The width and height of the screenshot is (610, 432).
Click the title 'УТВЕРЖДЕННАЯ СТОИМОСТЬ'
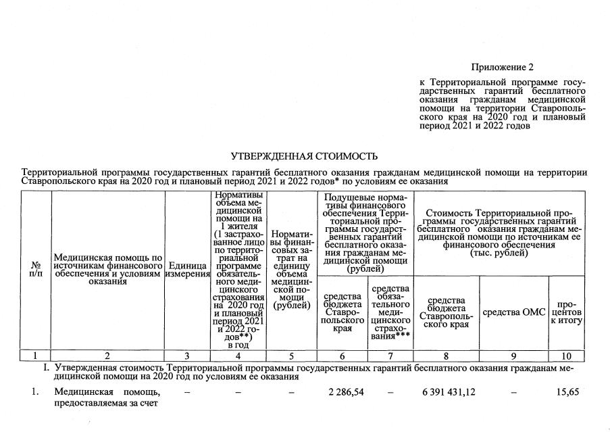click(x=304, y=157)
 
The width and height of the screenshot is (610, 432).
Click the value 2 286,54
click(x=346, y=391)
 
